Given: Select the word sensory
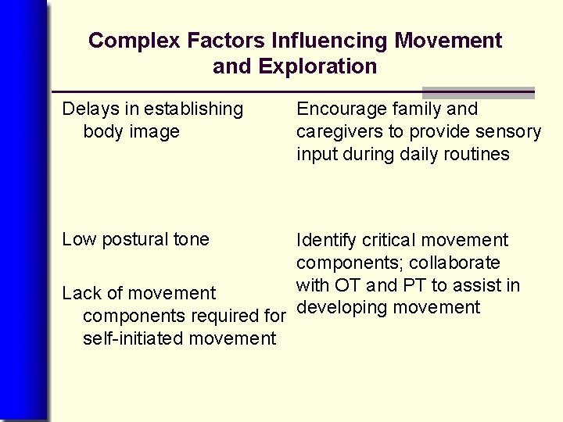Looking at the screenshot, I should click(509, 132).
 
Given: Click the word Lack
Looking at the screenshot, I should click(81, 294).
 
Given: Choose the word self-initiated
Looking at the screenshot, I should click(131, 338).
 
